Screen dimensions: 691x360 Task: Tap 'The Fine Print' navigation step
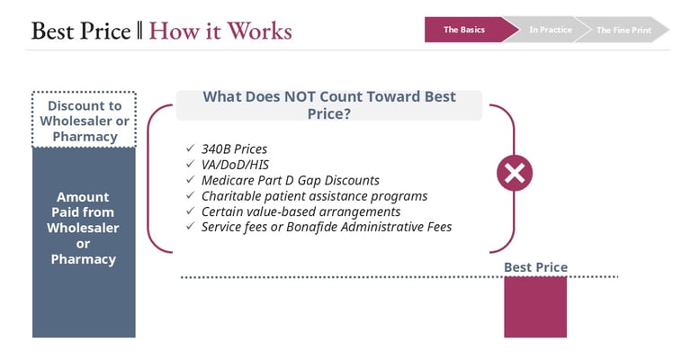click(624, 30)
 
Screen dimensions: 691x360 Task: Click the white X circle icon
click(515, 173)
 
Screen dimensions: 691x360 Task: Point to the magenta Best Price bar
click(535, 307)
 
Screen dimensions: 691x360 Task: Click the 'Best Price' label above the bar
click(535, 267)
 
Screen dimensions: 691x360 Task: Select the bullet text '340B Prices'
click(234, 148)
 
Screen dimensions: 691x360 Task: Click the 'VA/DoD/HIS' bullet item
click(235, 165)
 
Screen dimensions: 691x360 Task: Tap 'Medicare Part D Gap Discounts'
click(291, 180)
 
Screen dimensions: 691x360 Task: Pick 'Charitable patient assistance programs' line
click(314, 196)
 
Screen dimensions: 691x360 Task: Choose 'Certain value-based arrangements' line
click(301, 211)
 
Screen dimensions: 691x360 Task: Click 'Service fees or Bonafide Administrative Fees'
click(327, 227)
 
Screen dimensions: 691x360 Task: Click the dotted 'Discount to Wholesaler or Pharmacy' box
click(84, 120)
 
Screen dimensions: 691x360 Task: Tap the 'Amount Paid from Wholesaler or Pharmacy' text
click(84, 228)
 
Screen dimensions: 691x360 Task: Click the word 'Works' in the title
click(259, 31)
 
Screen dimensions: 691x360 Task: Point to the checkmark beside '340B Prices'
click(190, 148)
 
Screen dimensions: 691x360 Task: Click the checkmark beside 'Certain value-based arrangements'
click(190, 211)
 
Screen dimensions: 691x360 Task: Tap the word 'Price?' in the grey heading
click(329, 113)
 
